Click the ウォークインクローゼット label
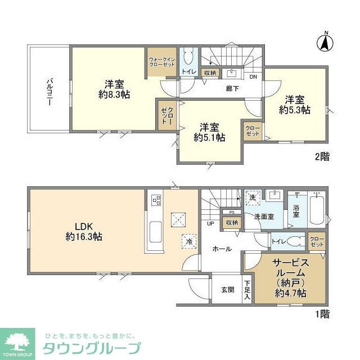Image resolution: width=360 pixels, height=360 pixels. point(163,62)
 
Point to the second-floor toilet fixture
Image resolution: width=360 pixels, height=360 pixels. point(188,57)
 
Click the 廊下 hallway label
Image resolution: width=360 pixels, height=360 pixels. point(216,88)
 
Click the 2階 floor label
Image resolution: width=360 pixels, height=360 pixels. point(322,157)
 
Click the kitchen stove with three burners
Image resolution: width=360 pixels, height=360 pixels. point(155,201)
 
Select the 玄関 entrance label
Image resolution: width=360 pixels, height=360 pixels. point(227,290)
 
